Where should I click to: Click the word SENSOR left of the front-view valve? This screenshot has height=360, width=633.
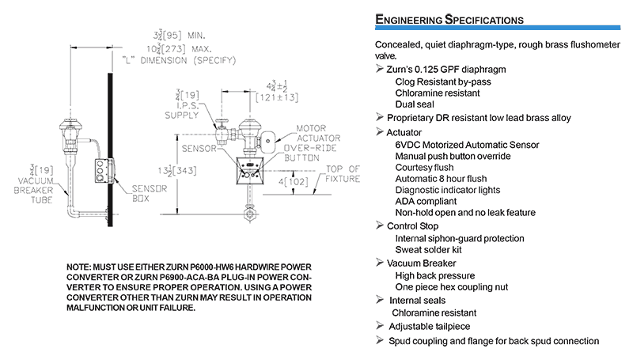pyautogui.click(x=196, y=148)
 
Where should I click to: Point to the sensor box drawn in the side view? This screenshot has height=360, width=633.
pyautogui.click(x=101, y=169)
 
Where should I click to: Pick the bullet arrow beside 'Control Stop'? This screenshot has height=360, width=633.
pyautogui.click(x=380, y=226)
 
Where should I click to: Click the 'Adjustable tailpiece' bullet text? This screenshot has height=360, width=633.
pyautogui.click(x=434, y=326)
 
